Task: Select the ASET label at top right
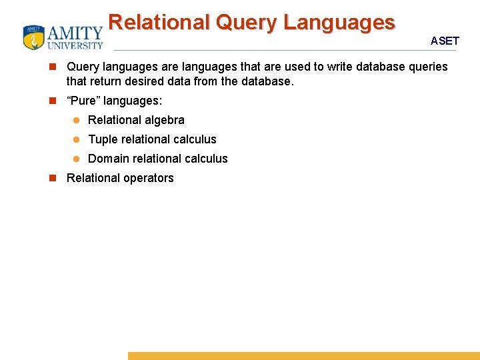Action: click(445, 41)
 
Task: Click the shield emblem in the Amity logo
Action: click(33, 37)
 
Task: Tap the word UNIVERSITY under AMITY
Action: click(75, 46)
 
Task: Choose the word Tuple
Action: click(103, 139)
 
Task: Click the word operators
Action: click(149, 178)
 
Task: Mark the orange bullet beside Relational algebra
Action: click(76, 120)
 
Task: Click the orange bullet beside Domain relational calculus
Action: click(76, 159)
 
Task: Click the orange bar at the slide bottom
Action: click(303, 356)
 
